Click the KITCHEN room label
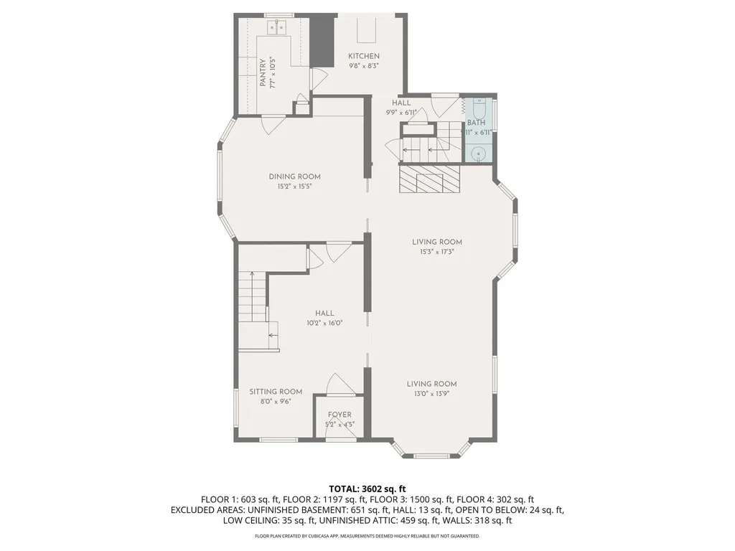(x=364, y=56)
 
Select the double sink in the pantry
(x=276, y=28)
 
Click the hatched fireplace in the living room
(x=429, y=179)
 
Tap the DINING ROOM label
(x=294, y=176)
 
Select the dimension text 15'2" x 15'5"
(x=294, y=187)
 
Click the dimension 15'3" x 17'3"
(x=437, y=252)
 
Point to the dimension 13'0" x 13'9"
(x=431, y=394)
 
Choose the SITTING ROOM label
(x=276, y=392)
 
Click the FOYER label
(x=340, y=415)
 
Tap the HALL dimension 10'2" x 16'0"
(x=324, y=323)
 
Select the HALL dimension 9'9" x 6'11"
(x=401, y=112)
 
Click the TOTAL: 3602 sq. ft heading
(x=367, y=489)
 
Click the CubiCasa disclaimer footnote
(x=367, y=536)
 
